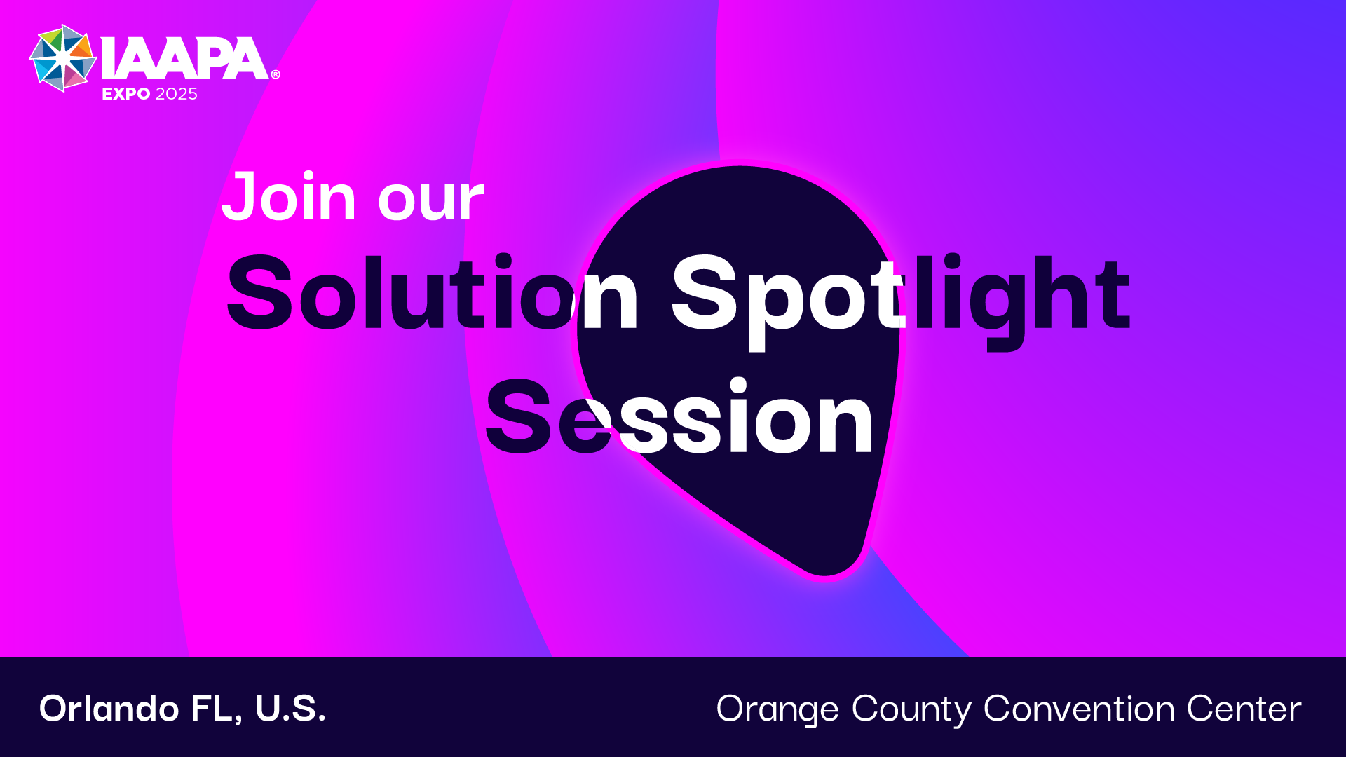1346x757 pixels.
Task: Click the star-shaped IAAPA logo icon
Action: tap(63, 58)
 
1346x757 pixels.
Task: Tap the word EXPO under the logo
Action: tap(126, 94)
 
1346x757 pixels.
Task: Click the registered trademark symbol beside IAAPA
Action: tap(276, 74)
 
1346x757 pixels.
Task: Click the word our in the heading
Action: tap(431, 202)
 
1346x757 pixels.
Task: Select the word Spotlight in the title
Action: tap(901, 301)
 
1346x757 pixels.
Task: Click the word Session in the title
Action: tap(679, 416)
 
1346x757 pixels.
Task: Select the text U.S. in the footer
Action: tap(290, 709)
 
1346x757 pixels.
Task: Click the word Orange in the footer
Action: tap(777, 711)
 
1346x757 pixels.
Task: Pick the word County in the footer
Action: tap(911, 711)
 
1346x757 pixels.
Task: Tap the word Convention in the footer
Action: tap(1079, 709)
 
